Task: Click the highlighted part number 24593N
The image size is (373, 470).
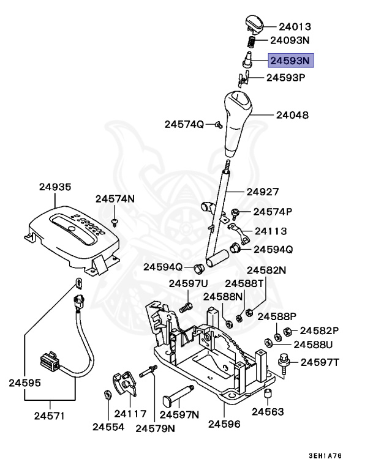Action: [292, 60]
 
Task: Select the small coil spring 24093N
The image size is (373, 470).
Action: [251, 42]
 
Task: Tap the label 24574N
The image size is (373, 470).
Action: [115, 198]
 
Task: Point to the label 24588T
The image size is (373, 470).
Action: [244, 283]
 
